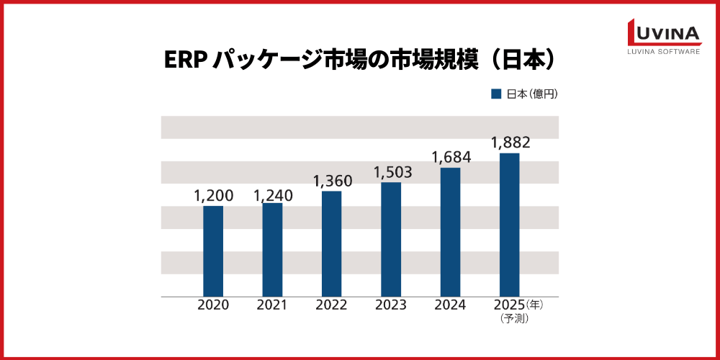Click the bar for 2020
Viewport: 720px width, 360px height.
(213, 251)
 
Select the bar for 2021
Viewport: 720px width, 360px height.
(272, 250)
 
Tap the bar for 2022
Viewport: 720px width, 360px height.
(331, 243)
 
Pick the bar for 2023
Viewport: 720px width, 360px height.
(391, 239)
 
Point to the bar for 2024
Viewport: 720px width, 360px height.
(450, 232)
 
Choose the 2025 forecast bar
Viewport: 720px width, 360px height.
(510, 225)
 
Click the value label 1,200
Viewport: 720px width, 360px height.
(213, 196)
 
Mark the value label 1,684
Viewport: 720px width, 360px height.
(451, 157)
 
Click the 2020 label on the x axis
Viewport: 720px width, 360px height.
(213, 305)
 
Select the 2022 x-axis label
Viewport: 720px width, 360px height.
(331, 305)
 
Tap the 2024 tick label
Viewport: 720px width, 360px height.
(450, 305)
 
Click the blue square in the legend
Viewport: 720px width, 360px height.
(496, 94)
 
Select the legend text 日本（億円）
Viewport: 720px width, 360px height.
(531, 94)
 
